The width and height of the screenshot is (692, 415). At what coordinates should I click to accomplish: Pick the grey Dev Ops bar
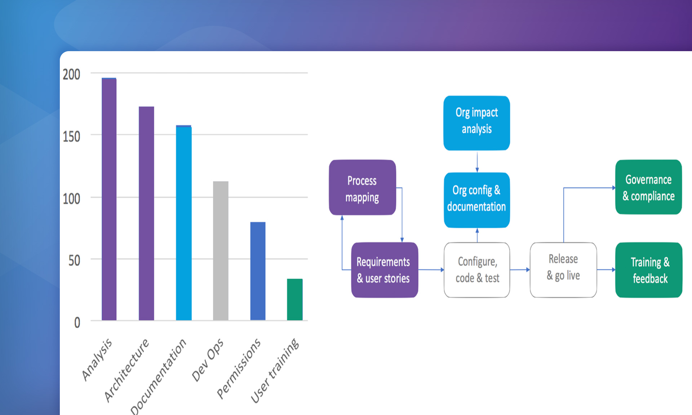[x=221, y=251]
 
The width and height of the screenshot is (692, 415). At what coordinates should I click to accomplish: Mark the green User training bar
[x=294, y=299]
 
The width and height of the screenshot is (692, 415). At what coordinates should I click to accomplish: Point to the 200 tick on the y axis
[x=71, y=75]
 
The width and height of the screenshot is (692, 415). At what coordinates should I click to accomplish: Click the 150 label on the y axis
[x=71, y=137]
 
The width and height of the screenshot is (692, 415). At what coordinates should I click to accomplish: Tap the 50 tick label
[x=74, y=260]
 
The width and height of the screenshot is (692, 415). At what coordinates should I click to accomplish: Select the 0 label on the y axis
[x=77, y=322]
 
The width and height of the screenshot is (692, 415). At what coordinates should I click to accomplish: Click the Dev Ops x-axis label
[x=208, y=360]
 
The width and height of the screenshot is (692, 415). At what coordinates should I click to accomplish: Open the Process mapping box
[x=362, y=188]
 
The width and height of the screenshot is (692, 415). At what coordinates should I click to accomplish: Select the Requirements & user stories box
[x=384, y=270]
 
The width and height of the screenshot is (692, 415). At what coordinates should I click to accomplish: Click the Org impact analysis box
[x=476, y=123]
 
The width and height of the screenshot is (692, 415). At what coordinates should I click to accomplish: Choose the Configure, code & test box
[x=477, y=270]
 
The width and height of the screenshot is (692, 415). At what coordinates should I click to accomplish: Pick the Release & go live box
[x=563, y=270]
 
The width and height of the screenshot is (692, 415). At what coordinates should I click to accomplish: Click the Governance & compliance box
[x=648, y=187]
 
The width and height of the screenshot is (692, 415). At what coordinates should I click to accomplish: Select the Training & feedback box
[x=649, y=270]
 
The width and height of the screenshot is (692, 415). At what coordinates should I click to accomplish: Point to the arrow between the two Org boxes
[x=477, y=161]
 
